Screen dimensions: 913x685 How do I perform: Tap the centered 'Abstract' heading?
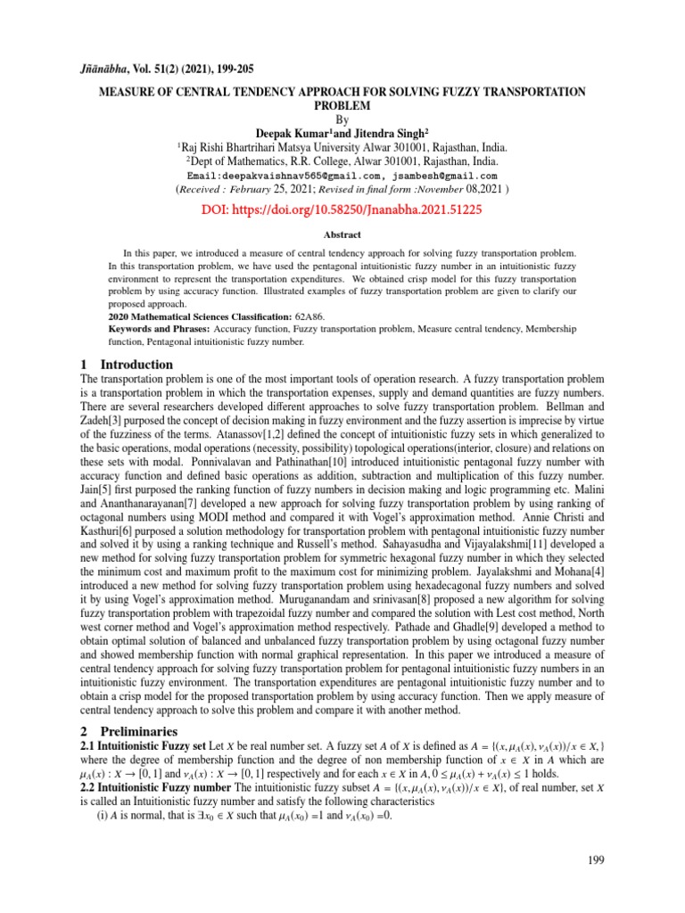pos(342,234)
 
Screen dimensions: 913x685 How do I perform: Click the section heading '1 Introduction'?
pos(127,365)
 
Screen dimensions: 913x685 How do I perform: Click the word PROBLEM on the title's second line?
pos(342,105)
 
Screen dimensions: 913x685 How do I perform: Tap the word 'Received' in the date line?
pos(208,190)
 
